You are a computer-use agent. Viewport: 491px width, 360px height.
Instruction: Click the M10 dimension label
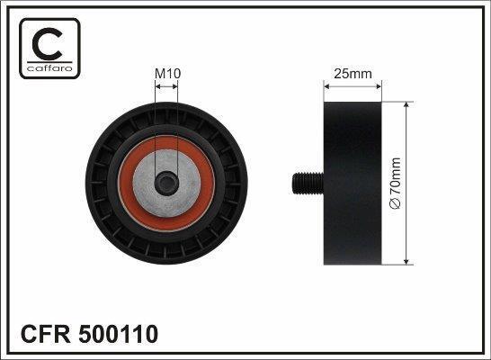pyautogui.click(x=168, y=74)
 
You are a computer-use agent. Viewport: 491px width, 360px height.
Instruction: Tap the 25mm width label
pyautogui.click(x=353, y=74)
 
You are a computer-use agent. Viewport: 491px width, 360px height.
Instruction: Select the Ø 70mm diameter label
pyautogui.click(x=395, y=183)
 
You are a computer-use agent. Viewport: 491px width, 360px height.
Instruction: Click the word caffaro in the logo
pyautogui.click(x=49, y=68)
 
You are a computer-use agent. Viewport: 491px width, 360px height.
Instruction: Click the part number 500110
pyautogui.click(x=119, y=334)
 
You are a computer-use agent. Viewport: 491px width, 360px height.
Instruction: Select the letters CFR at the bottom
pyautogui.click(x=46, y=334)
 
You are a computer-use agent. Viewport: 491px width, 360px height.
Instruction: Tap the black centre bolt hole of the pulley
pyautogui.click(x=166, y=184)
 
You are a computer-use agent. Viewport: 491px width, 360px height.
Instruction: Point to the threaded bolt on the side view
pyautogui.click(x=308, y=184)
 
